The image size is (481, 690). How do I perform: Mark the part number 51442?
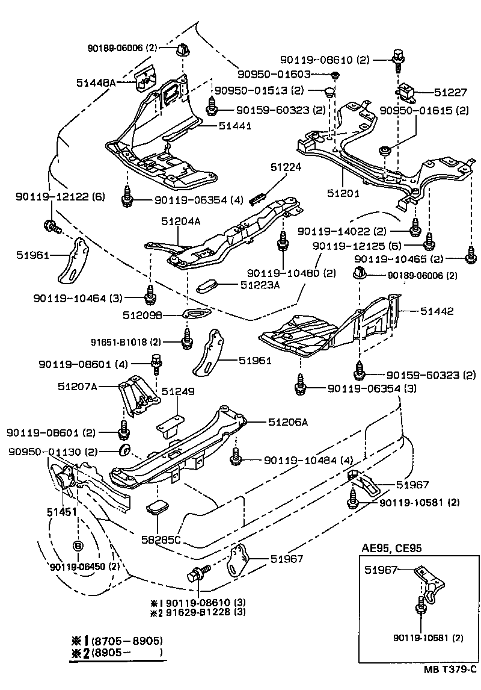pyautogui.click(x=437, y=311)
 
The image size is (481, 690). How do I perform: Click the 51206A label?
pyautogui.click(x=287, y=422)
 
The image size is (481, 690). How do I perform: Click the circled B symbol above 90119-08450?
pyautogui.click(x=78, y=546)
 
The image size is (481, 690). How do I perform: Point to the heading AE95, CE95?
pyautogui.click(x=391, y=549)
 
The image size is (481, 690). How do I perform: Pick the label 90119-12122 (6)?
pyautogui.click(x=51, y=196)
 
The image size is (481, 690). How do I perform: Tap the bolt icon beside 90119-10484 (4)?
pyautogui.click(x=236, y=460)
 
